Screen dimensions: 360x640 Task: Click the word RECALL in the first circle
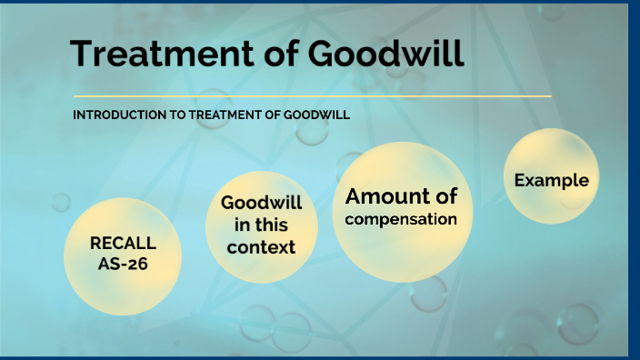pos(123,243)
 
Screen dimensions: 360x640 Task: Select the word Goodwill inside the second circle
pos(261,202)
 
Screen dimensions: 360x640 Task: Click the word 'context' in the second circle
pos(261,246)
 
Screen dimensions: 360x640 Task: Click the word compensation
pos(400,219)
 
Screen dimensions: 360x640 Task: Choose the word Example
pos(551,180)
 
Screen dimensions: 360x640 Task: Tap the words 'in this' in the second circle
pos(261,225)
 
